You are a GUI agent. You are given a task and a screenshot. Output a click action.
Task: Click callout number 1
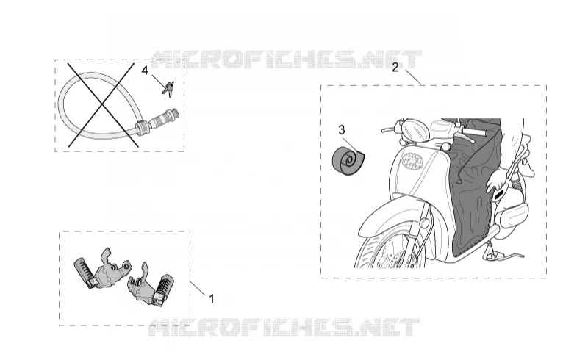(x=212, y=299)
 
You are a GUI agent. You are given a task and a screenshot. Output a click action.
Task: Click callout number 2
(x=395, y=68)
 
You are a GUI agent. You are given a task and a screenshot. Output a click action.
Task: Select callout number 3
(x=341, y=130)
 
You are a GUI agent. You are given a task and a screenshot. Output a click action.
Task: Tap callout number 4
(x=145, y=70)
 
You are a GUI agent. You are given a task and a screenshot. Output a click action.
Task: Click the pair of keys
(x=169, y=88)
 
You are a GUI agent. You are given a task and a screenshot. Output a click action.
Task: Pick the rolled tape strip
(x=348, y=161)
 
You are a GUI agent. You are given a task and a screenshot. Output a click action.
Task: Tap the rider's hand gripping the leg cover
(x=495, y=179)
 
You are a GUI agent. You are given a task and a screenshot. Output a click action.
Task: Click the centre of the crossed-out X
(x=102, y=104)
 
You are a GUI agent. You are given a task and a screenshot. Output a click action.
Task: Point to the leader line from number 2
(x=412, y=77)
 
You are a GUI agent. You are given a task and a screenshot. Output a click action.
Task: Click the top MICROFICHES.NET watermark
(x=287, y=60)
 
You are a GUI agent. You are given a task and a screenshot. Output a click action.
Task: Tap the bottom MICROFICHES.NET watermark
(x=284, y=327)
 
